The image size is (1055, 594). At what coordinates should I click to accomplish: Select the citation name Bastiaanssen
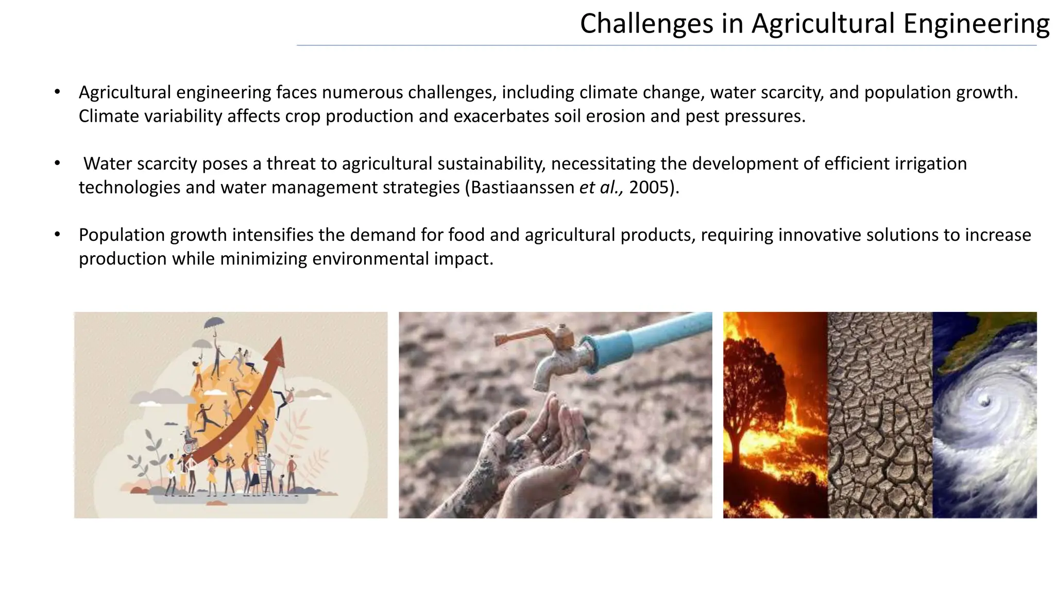click(x=522, y=187)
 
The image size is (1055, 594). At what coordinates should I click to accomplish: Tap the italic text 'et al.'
click(x=601, y=187)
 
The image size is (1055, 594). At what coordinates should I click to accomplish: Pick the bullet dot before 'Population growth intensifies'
click(x=57, y=235)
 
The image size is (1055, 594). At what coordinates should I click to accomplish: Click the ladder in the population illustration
click(x=265, y=472)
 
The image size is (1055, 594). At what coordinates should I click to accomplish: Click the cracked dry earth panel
click(x=880, y=415)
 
